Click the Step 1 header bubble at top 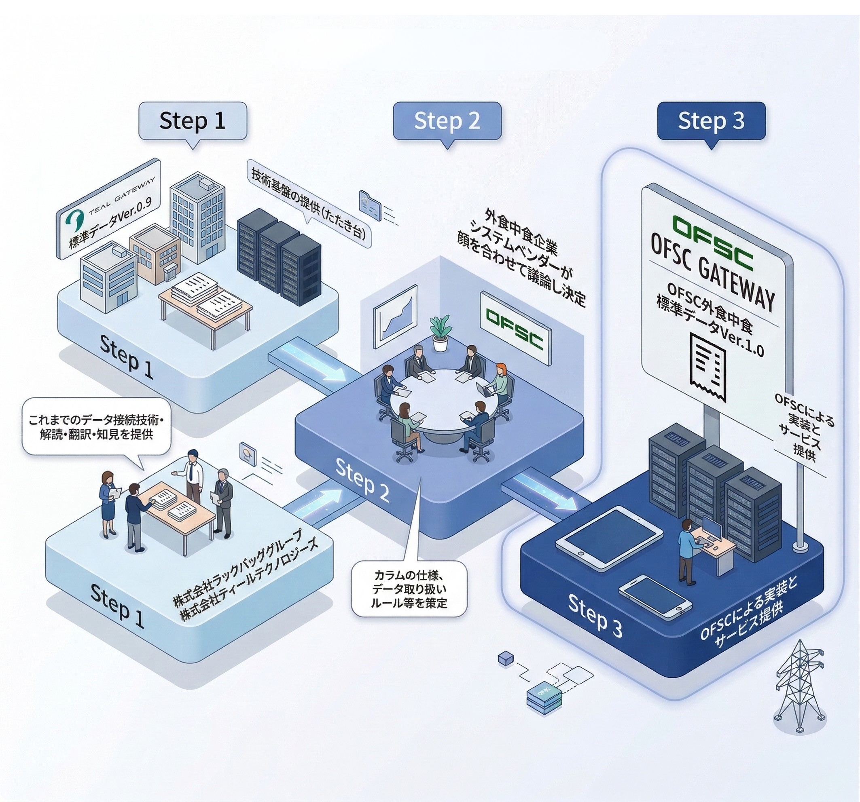click(193, 121)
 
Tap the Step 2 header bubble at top click(447, 121)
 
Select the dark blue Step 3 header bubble click(711, 121)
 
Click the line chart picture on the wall click(395, 316)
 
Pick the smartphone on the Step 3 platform click(655, 596)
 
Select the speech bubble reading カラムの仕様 click(409, 589)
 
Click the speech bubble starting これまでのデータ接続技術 click(96, 427)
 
